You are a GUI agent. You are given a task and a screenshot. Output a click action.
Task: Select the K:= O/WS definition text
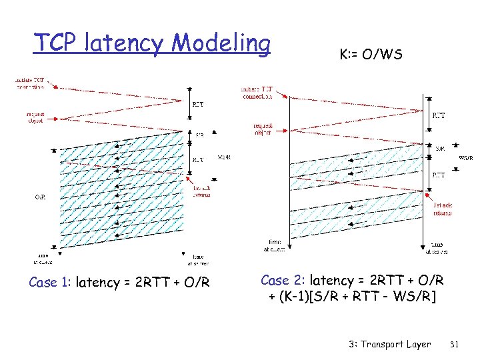point(371,55)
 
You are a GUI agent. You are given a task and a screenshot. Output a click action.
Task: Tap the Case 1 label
point(51,283)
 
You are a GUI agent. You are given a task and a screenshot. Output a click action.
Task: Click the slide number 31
point(456,344)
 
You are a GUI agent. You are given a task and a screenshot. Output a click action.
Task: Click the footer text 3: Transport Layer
point(389,344)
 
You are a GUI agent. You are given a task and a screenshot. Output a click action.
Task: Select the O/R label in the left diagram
point(41,197)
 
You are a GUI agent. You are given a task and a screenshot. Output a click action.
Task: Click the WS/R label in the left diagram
point(224,157)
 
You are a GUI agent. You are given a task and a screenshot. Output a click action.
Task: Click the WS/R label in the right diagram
point(466,158)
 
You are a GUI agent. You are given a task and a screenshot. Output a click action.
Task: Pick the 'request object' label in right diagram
point(263,128)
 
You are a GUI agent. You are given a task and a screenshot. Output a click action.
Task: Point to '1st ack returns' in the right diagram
point(441,209)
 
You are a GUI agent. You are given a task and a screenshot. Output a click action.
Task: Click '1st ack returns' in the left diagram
point(201,191)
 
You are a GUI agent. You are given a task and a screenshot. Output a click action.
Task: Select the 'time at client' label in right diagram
point(275,246)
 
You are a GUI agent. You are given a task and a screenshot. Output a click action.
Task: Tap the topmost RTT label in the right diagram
point(439,115)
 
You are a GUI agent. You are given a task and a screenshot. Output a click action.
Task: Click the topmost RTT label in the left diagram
point(199,104)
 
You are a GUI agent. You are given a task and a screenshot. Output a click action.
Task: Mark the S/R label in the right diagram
point(440,148)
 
